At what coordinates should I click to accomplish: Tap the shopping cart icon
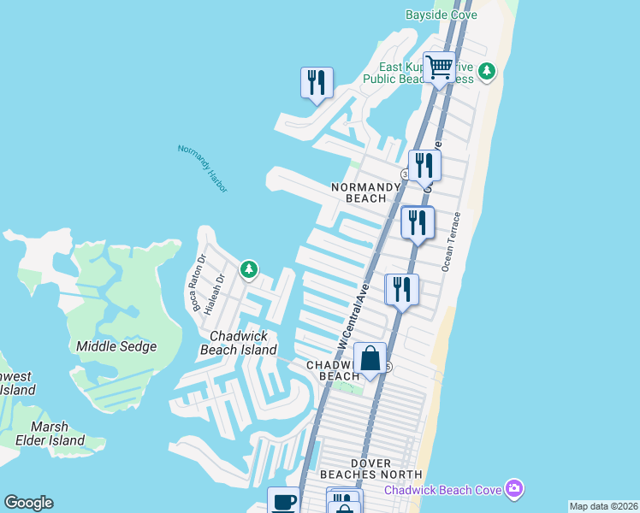(x=439, y=67)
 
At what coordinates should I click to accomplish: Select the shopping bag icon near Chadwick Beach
(x=370, y=359)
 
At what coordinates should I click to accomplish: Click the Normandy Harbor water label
(x=203, y=162)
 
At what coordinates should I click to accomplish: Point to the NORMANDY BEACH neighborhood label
(x=365, y=192)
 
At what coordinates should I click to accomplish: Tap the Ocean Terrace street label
(x=452, y=242)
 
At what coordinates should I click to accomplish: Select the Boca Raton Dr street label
(x=199, y=283)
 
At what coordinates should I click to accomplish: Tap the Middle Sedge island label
(x=116, y=346)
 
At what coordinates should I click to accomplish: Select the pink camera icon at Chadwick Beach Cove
(x=513, y=489)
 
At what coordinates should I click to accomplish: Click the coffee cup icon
(x=283, y=501)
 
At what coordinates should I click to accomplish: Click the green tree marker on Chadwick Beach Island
(x=248, y=270)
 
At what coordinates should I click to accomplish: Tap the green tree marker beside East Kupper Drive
(x=487, y=71)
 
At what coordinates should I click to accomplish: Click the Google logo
(x=28, y=503)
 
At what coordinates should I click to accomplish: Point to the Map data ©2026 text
(x=602, y=506)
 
